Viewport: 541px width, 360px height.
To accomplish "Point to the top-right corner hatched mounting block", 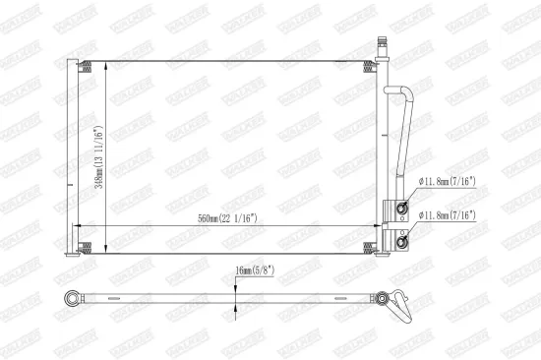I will point(371,66).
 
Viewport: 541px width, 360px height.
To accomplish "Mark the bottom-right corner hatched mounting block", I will point(371,248).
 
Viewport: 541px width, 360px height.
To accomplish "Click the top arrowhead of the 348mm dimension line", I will point(103,64).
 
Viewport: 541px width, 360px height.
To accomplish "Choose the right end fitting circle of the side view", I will point(384,294).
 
